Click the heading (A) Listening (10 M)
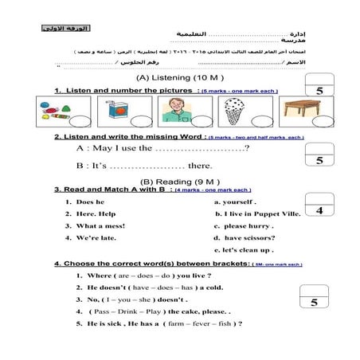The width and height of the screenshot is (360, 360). (x=175, y=78)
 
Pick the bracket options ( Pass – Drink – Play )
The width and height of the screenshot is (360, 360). (x=124, y=311)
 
